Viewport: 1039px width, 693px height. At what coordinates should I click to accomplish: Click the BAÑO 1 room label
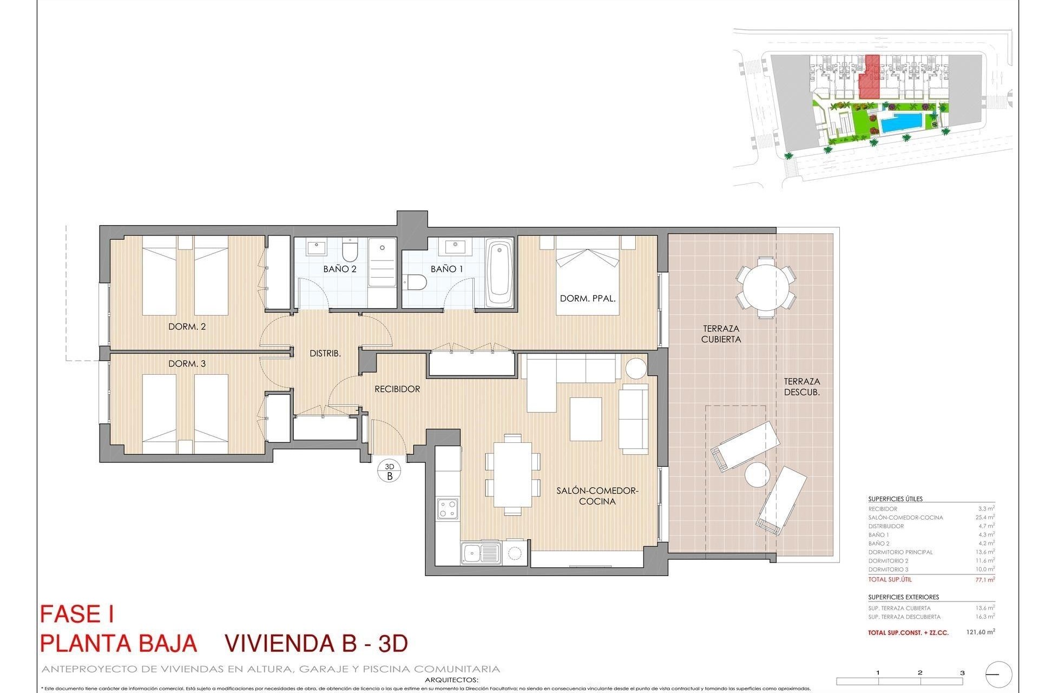446,269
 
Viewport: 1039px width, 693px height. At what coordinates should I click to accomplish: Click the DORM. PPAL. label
588,298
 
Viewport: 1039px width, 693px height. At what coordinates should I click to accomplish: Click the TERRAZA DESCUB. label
801,387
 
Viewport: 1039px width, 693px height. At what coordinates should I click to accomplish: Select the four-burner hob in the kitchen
448,508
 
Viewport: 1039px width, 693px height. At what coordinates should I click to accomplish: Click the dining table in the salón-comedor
512,474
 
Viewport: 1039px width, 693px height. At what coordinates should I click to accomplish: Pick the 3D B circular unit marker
390,471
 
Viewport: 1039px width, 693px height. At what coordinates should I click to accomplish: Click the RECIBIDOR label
397,389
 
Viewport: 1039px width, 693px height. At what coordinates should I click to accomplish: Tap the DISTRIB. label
325,353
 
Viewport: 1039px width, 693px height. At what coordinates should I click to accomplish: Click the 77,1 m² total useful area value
984,579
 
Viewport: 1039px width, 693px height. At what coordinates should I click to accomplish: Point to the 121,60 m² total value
980,632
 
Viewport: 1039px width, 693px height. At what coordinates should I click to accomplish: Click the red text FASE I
77,614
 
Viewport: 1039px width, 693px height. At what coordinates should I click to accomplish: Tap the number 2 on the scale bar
920,673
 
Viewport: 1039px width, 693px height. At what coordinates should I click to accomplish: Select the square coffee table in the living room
586,419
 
